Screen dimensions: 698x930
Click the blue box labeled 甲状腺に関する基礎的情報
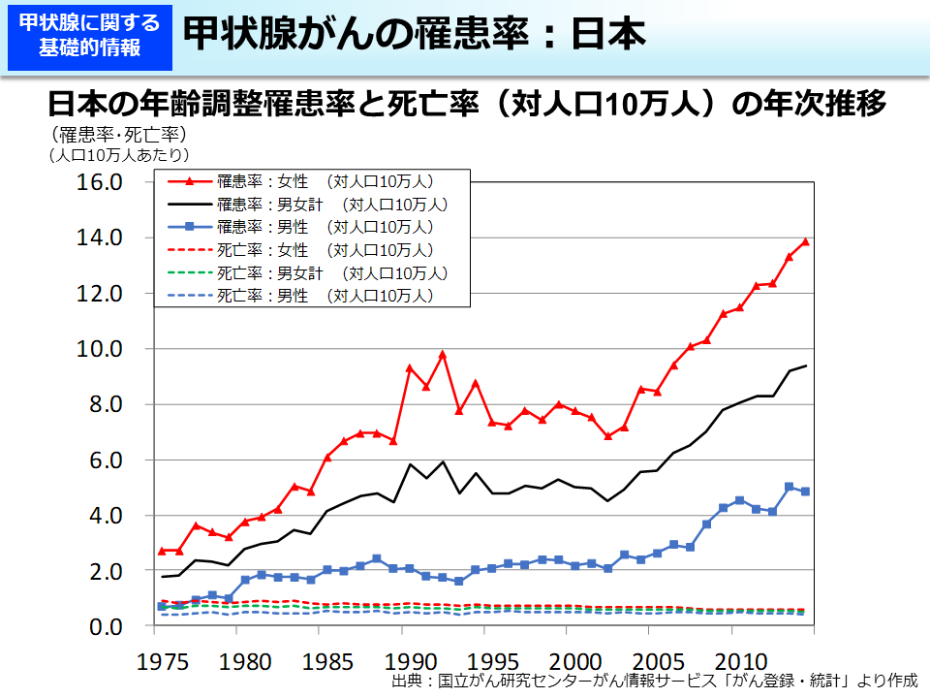pos(89,37)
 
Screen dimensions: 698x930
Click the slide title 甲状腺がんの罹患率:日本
pos(414,36)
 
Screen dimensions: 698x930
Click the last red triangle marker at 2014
pos(806,241)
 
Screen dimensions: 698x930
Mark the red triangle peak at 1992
pos(443,355)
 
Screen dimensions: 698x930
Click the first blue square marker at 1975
pos(162,607)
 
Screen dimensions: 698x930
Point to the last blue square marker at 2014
pos(806,492)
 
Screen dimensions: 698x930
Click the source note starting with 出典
pos(654,682)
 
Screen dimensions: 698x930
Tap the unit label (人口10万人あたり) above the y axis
pos(117,153)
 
